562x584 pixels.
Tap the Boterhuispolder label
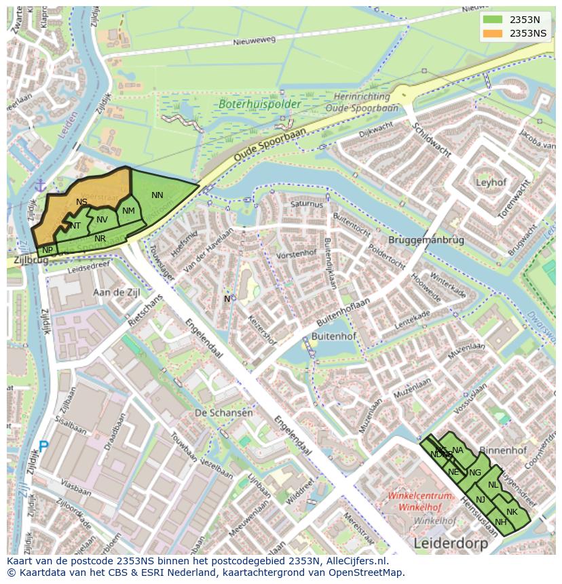pyautogui.click(x=250, y=104)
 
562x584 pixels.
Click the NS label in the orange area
pyautogui.click(x=81, y=202)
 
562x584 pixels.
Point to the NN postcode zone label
pyautogui.click(x=157, y=195)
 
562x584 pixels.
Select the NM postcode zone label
pyautogui.click(x=128, y=211)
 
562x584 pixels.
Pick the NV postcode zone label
pyautogui.click(x=102, y=219)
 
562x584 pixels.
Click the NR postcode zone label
pyautogui.click(x=100, y=238)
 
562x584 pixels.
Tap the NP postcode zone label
pyautogui.click(x=48, y=250)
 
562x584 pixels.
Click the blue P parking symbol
pyautogui.click(x=43, y=446)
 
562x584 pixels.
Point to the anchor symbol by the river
pyautogui.click(x=40, y=185)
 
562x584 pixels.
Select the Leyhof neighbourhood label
pyautogui.click(x=491, y=182)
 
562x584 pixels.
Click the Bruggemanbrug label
pyautogui.click(x=426, y=240)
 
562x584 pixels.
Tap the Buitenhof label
pyautogui.click(x=330, y=335)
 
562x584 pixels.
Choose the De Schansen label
pyautogui.click(x=223, y=412)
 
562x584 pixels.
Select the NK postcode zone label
pyautogui.click(x=512, y=511)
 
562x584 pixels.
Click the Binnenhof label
pyautogui.click(x=503, y=450)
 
